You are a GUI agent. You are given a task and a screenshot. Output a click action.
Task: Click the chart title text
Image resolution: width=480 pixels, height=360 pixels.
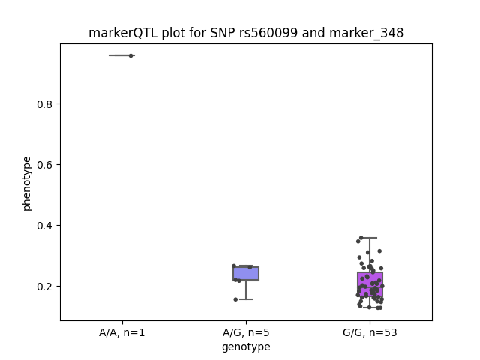click(x=246, y=33)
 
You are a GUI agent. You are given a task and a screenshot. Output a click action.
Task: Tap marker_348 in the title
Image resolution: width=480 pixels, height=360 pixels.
click(x=367, y=33)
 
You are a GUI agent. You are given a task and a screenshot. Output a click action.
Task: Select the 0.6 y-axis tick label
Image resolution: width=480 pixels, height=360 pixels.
click(x=45, y=165)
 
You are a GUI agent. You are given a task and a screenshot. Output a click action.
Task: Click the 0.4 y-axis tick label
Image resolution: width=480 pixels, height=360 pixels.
click(x=45, y=226)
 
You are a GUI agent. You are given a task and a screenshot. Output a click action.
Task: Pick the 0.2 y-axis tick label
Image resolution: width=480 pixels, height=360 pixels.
click(x=45, y=286)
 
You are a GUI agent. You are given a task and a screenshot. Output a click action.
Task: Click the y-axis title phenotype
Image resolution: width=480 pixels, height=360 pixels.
click(x=27, y=184)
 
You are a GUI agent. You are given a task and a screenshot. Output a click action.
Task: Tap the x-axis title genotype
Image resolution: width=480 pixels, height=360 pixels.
click(x=246, y=346)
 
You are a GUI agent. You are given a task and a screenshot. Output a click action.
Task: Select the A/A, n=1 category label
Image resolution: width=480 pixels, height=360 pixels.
click(x=121, y=332)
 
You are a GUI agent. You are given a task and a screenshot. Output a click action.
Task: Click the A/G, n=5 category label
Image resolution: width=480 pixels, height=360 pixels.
click(x=246, y=332)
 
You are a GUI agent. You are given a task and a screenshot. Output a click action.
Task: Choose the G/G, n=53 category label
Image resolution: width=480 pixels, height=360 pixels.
click(x=370, y=332)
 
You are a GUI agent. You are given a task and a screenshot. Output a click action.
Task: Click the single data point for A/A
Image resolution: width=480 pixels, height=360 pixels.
click(x=130, y=55)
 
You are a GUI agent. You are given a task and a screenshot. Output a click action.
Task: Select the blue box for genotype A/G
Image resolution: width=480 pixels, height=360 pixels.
click(x=246, y=274)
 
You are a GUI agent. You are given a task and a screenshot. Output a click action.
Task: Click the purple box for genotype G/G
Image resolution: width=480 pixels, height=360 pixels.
click(x=370, y=284)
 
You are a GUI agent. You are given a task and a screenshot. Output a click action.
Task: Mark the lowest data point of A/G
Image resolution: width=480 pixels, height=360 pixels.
click(x=235, y=299)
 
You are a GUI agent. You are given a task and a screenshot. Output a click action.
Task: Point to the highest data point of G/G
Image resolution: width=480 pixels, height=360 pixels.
click(x=361, y=238)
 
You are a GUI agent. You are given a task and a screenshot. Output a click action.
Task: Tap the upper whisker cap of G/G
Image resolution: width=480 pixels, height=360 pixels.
click(x=370, y=238)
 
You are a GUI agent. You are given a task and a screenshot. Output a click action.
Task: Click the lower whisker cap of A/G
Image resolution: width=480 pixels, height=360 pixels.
click(x=246, y=299)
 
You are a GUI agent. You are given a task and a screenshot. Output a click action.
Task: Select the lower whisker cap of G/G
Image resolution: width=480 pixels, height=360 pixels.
click(x=370, y=307)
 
